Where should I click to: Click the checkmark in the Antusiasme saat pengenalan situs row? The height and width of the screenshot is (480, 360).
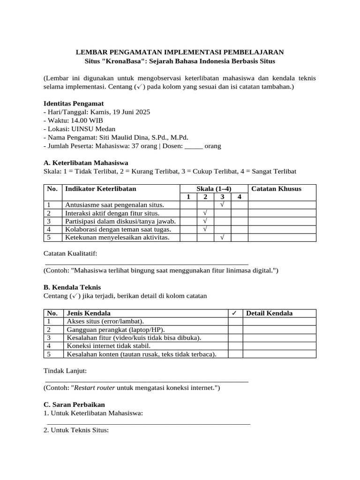(222, 205)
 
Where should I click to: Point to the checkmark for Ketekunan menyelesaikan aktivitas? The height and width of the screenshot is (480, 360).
(222, 238)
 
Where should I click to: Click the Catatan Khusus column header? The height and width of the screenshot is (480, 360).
(277, 189)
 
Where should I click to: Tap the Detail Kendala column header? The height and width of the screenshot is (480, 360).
(269, 313)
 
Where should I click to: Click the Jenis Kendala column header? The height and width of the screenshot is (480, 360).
(89, 313)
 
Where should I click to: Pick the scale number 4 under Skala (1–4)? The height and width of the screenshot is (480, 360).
(239, 197)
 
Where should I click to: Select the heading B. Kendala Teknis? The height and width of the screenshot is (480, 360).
(72, 287)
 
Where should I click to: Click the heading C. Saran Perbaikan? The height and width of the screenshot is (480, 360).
(74, 404)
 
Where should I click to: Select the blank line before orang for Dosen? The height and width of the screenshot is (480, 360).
(194, 146)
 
